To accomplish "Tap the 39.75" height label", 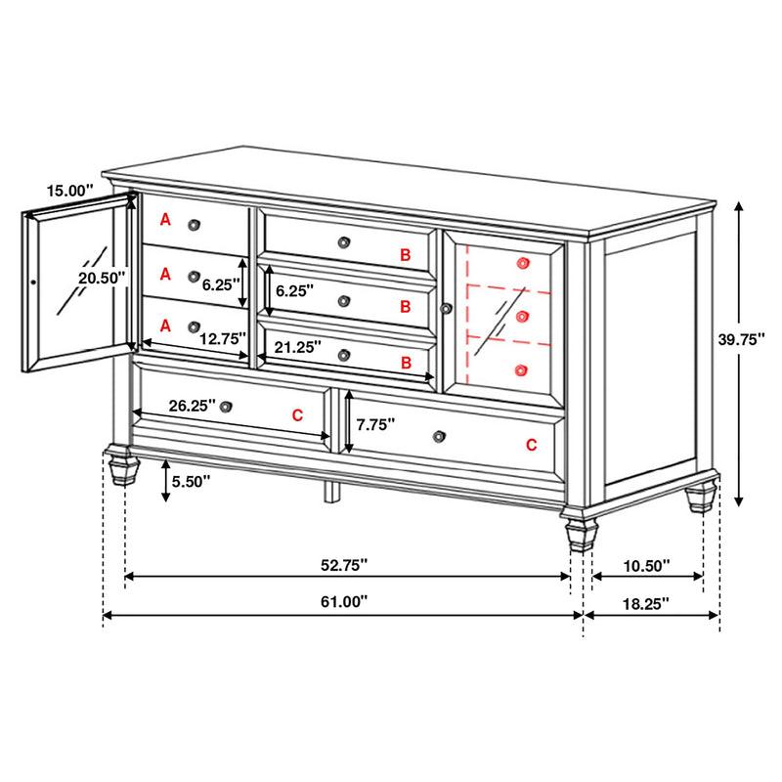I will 741,339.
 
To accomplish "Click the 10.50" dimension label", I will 645,565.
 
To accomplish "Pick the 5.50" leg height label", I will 190,481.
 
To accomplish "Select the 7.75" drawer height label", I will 375,424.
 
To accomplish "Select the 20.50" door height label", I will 103,278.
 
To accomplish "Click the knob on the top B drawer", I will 343,242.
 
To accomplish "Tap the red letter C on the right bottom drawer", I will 532,445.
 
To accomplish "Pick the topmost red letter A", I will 165,221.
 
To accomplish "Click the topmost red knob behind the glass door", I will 523,263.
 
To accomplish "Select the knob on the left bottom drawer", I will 227,407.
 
